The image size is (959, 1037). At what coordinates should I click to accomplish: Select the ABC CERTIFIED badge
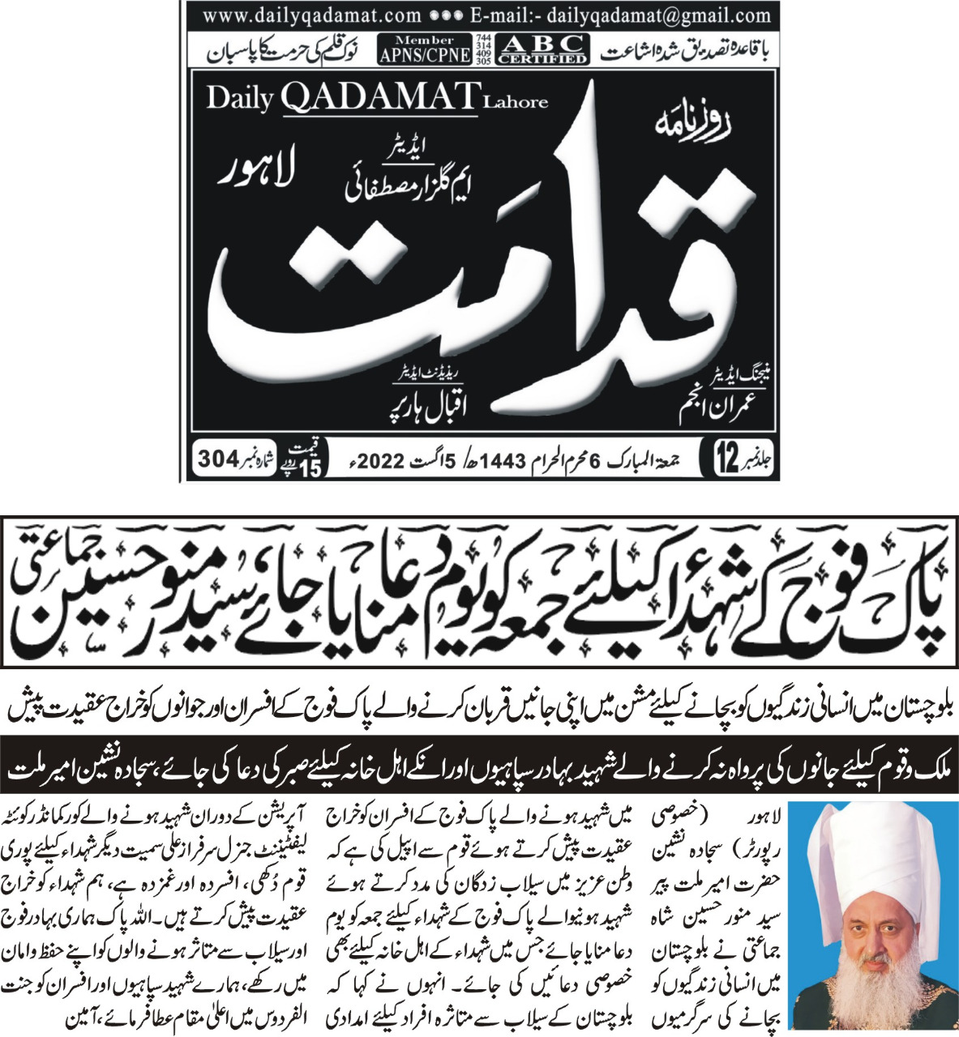(542, 49)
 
